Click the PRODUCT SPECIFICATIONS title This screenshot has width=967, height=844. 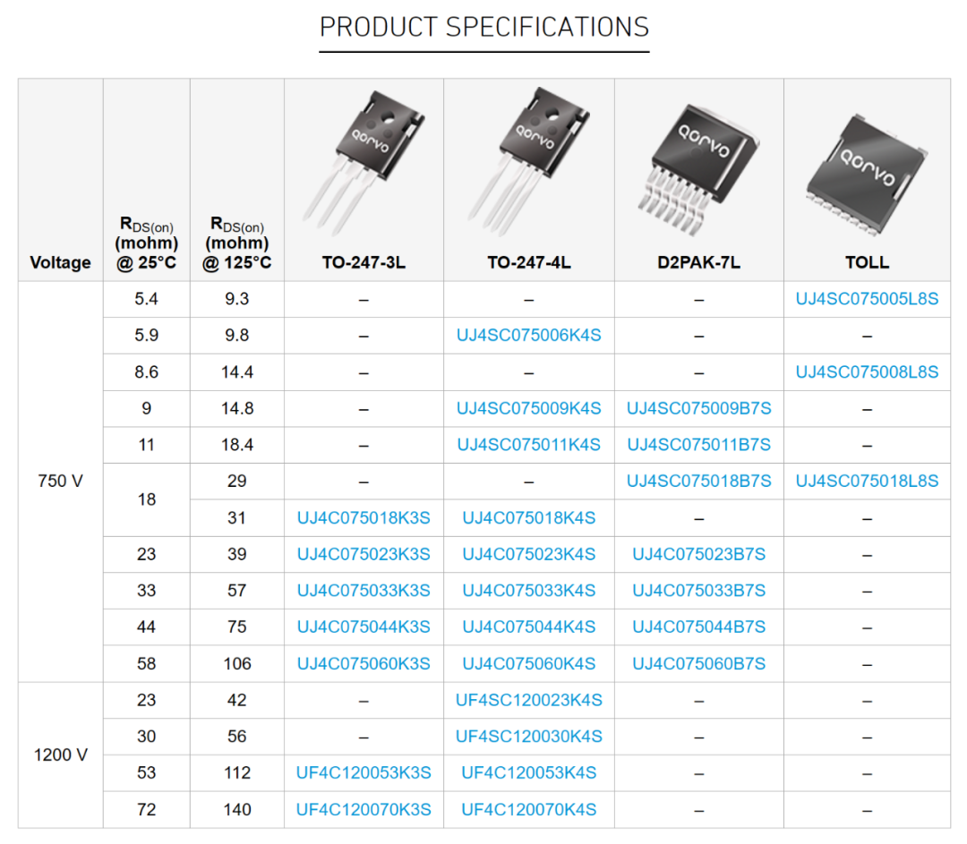pos(484,27)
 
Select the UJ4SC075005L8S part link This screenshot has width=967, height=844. pos(867,299)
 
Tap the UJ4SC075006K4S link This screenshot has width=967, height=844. pos(528,336)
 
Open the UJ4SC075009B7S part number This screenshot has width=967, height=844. pos(698,408)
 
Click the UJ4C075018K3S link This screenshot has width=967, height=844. pos(364,518)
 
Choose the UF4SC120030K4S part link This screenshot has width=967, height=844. pos(528,737)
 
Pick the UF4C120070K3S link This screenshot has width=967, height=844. pos(364,809)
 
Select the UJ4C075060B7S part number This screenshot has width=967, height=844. pos(698,664)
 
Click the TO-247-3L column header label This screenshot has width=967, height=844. pos(364,262)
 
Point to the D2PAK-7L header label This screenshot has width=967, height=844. pos(698,262)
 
